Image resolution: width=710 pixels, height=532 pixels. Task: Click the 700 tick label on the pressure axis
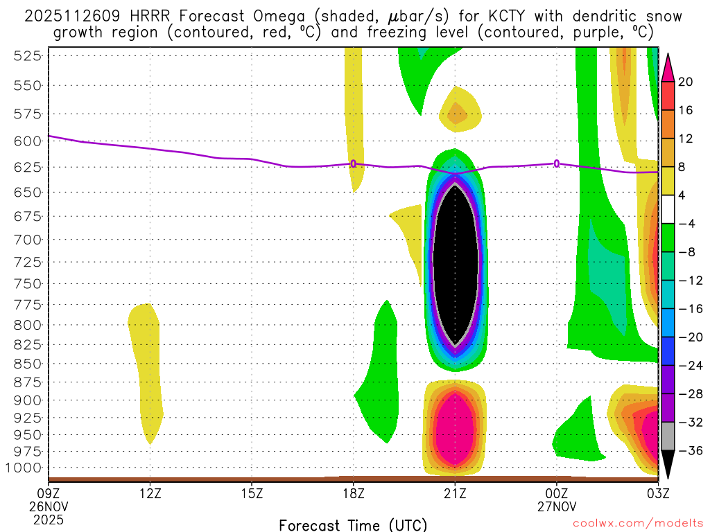click(26, 240)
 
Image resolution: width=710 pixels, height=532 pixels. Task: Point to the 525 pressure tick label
click(26, 57)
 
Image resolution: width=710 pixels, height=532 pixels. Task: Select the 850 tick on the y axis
click(26, 363)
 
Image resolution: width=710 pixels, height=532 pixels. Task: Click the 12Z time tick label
click(150, 493)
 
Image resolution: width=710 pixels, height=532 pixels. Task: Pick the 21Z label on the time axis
click(455, 493)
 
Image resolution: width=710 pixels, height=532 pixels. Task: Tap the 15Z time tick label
click(252, 493)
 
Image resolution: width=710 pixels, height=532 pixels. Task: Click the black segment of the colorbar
click(668, 461)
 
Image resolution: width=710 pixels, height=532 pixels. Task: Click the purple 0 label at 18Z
click(354, 163)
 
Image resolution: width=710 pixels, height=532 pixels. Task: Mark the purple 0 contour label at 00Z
click(557, 163)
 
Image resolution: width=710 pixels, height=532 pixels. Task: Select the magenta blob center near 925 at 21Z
click(455, 429)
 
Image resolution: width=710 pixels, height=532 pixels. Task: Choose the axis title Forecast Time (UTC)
click(353, 524)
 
